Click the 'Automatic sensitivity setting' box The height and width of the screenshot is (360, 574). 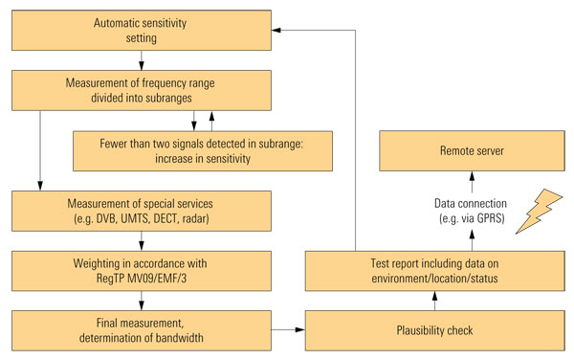(x=142, y=31)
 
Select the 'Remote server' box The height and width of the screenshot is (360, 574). (x=472, y=150)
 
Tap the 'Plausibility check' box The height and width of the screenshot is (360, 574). (x=435, y=330)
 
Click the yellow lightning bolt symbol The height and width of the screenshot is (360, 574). (x=539, y=212)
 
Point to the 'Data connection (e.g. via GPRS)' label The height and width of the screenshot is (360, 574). (x=471, y=211)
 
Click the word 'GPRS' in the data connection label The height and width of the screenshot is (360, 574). (x=491, y=218)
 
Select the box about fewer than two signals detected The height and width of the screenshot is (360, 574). (x=203, y=151)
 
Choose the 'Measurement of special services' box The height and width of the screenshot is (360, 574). (x=142, y=211)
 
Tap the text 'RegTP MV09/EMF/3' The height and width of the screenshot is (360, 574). (x=142, y=279)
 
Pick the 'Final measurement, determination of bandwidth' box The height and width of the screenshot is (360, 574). (x=142, y=330)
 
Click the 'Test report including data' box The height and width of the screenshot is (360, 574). (x=435, y=271)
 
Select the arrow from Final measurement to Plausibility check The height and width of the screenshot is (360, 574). (x=289, y=330)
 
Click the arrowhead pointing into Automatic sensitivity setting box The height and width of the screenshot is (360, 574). (x=276, y=30)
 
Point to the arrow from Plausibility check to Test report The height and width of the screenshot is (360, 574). (x=435, y=301)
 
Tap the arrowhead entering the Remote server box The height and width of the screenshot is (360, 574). (x=472, y=176)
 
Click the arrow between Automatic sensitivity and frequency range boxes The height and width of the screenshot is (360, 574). (x=142, y=60)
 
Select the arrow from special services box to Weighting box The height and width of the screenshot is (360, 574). (x=142, y=241)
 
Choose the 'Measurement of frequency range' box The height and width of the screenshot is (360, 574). (x=142, y=90)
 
